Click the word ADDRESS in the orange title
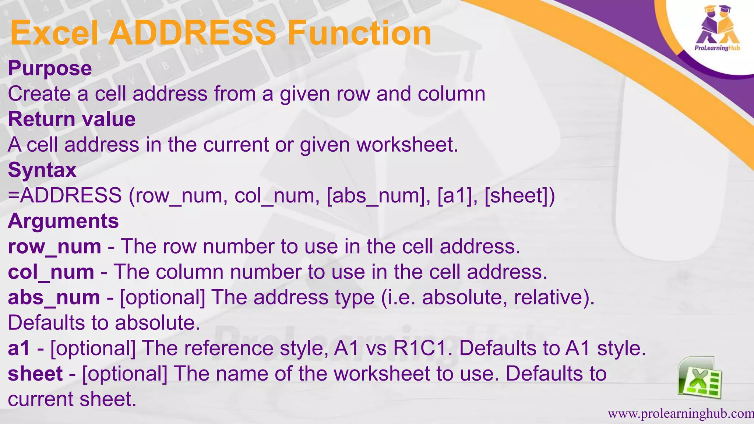(x=191, y=33)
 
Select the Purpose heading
(x=50, y=68)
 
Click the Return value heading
(x=72, y=119)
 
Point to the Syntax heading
(x=42, y=170)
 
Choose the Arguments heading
(x=63, y=221)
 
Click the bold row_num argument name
(x=54, y=247)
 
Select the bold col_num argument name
(x=51, y=272)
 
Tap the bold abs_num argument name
(x=54, y=297)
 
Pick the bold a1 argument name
(x=18, y=348)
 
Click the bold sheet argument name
(x=35, y=374)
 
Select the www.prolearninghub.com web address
(x=680, y=414)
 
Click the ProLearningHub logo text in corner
(x=717, y=48)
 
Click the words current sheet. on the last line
(x=72, y=399)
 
